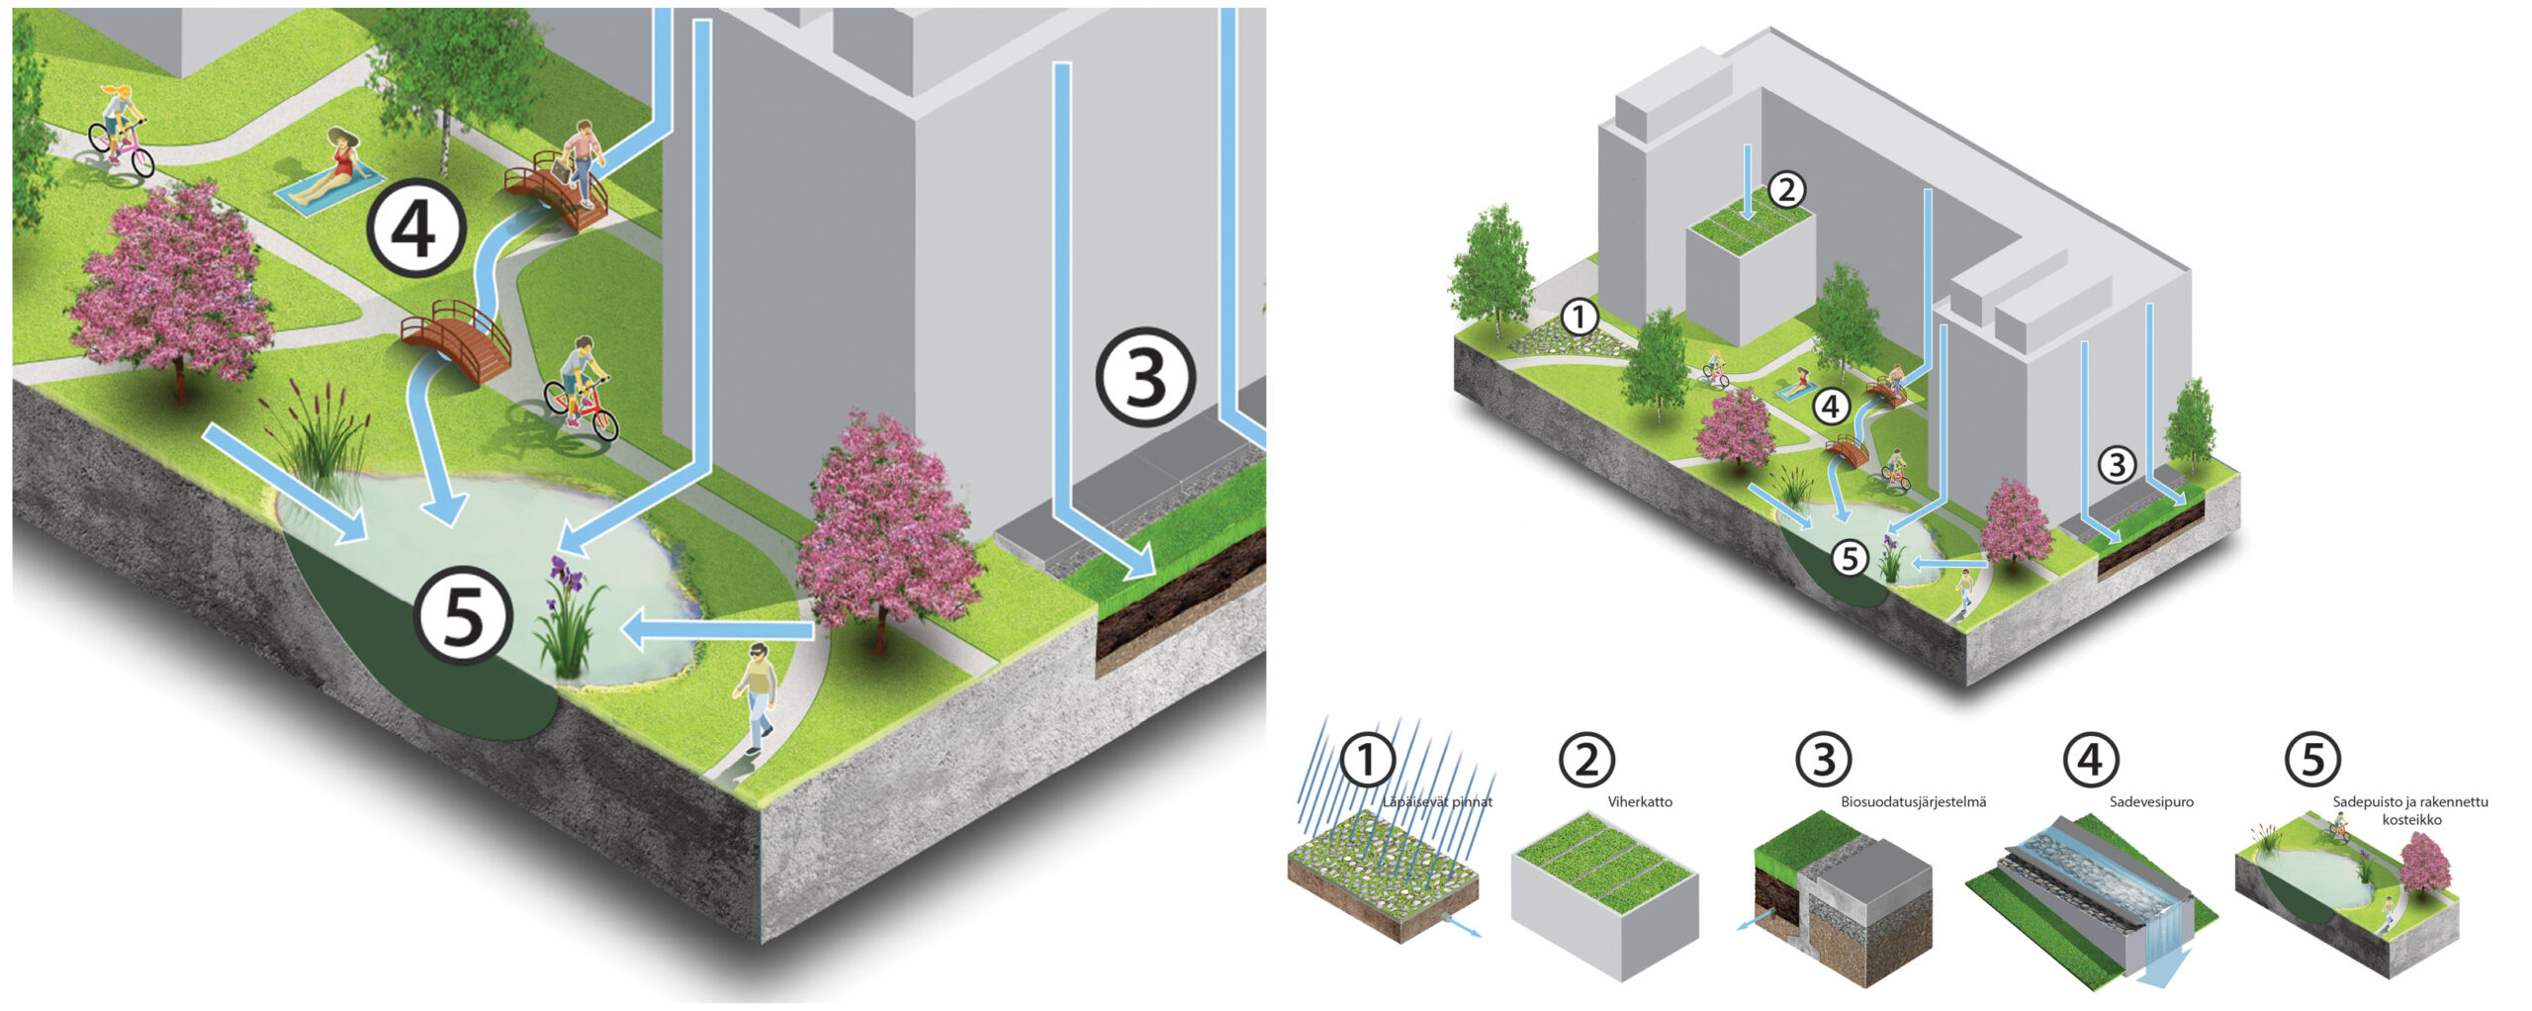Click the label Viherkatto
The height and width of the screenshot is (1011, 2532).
(1640, 802)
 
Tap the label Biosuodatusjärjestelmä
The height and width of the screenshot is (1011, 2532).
(1913, 802)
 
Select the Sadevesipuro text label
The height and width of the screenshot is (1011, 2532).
(2151, 802)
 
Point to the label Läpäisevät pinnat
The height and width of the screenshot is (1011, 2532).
(1437, 802)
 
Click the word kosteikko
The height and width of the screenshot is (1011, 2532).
(2411, 820)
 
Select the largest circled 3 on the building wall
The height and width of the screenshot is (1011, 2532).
(1145, 377)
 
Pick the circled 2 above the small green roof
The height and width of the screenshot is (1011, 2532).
(1785, 189)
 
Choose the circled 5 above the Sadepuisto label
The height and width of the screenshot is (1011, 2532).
(2312, 760)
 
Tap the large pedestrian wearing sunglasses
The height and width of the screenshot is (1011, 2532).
(757, 694)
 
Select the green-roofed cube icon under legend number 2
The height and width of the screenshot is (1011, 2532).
(1603, 895)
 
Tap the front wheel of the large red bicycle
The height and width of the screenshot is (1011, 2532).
(599, 423)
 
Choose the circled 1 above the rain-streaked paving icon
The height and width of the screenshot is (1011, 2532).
(1366, 760)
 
